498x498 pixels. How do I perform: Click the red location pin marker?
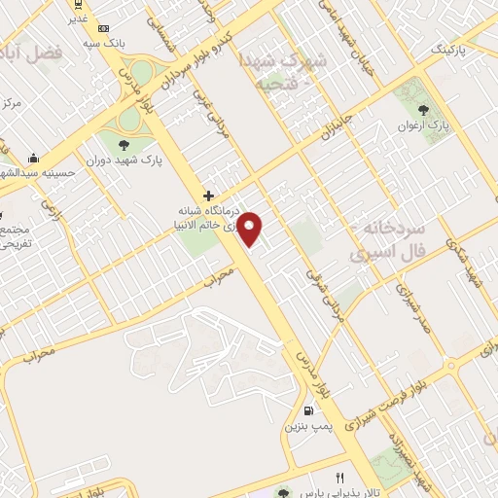click(x=251, y=230)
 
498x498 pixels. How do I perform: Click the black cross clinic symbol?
click(x=208, y=195)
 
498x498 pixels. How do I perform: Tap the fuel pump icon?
click(x=308, y=410)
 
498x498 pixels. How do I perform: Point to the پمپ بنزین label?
click(x=308, y=427)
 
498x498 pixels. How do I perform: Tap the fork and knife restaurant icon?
click(x=339, y=478)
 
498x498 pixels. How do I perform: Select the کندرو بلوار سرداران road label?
click(x=230, y=46)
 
